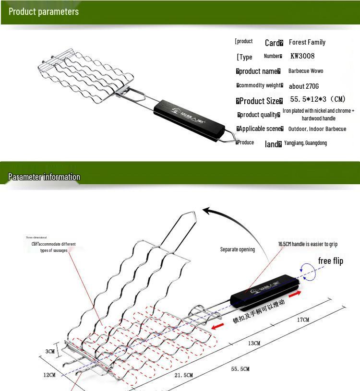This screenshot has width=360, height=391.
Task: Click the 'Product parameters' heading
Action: coord(44,12)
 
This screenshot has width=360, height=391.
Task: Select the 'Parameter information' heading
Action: coord(44,177)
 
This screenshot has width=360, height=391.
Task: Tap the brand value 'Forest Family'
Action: coord(307,42)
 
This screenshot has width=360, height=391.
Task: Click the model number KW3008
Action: coord(302,56)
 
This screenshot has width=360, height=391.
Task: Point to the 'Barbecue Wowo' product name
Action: coord(306,71)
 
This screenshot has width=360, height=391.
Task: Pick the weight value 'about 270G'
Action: coord(304,86)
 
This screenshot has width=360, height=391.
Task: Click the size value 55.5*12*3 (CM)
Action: coord(318,99)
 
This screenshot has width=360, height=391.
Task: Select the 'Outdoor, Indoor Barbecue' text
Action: coord(317,129)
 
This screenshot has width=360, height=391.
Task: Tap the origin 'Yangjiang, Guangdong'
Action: coord(305,143)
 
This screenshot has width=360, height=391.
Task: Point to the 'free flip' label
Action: coord(331,261)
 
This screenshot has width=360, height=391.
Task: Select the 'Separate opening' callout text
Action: coord(238,249)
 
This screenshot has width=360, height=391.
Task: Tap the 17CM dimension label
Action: coord(303,320)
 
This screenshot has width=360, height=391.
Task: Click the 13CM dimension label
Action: coord(254,344)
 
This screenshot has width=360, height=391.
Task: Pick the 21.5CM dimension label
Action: coord(183,375)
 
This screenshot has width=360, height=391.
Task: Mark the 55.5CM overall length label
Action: coord(240,369)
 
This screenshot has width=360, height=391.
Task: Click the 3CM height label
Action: coord(50,351)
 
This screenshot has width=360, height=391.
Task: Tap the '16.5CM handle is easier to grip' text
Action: coord(308,244)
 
